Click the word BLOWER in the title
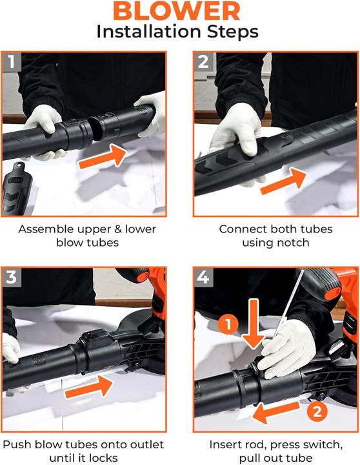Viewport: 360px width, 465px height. click(x=179, y=11)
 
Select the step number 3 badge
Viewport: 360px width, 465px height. click(x=11, y=278)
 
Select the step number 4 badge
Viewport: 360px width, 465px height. click(x=204, y=278)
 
